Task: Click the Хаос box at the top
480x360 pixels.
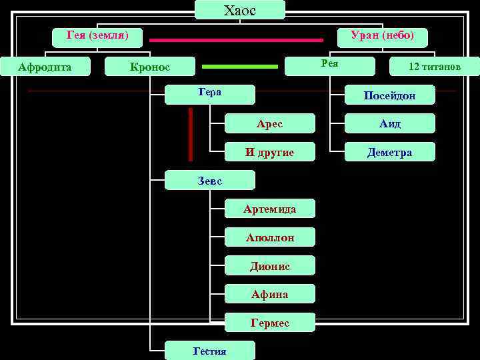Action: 240,10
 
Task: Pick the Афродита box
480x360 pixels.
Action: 45,66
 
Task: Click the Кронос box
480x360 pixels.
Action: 150,66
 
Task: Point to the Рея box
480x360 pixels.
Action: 329,64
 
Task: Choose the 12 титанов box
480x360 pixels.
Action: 435,67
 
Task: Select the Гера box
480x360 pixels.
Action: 210,93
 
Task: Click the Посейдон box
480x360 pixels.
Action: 389,95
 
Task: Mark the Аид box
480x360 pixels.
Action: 389,124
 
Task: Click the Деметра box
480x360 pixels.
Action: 389,152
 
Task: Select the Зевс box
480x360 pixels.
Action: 210,180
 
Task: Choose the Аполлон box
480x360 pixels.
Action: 269,237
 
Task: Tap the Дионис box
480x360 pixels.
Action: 269,266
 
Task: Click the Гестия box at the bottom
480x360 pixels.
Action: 209,351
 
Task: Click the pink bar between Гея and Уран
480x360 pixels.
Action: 236,40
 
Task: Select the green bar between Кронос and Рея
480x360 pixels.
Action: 239,67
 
